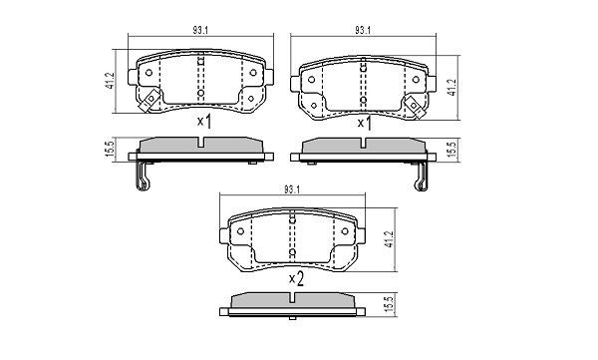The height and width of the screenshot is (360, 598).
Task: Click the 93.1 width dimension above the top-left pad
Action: tap(200, 29)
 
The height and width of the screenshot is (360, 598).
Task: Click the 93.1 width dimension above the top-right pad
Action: tap(362, 29)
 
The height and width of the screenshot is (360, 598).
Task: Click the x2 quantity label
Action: tap(295, 280)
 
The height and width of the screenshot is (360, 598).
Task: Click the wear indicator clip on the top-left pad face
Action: tap(149, 100)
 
